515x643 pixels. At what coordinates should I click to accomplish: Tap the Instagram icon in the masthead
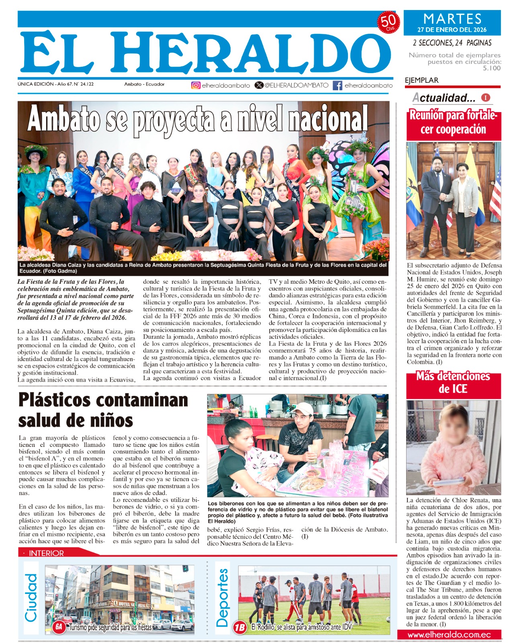tap(196, 85)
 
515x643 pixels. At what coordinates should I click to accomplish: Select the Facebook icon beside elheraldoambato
tap(337, 85)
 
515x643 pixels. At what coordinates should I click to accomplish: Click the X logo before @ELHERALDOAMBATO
tap(259, 85)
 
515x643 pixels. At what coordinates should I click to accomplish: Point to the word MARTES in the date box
tap(452, 19)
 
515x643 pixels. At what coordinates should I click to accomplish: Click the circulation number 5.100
tap(492, 68)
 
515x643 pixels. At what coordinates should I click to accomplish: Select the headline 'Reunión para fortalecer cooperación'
tap(453, 122)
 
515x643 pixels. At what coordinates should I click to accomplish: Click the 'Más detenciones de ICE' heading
tap(453, 382)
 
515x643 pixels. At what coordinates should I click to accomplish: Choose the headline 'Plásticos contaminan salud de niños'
tap(103, 410)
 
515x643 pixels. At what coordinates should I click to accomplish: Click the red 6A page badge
tap(59, 627)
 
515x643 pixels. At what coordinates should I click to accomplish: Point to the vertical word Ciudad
tap(31, 597)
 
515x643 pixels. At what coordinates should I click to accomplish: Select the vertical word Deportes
tap(222, 598)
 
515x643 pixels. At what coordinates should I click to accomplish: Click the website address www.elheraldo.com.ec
tap(449, 635)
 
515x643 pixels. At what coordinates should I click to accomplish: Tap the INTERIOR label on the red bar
tap(46, 553)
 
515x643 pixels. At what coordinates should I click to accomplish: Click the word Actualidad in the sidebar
tap(443, 98)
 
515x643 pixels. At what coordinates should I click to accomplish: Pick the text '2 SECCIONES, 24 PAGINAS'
tap(452, 43)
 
